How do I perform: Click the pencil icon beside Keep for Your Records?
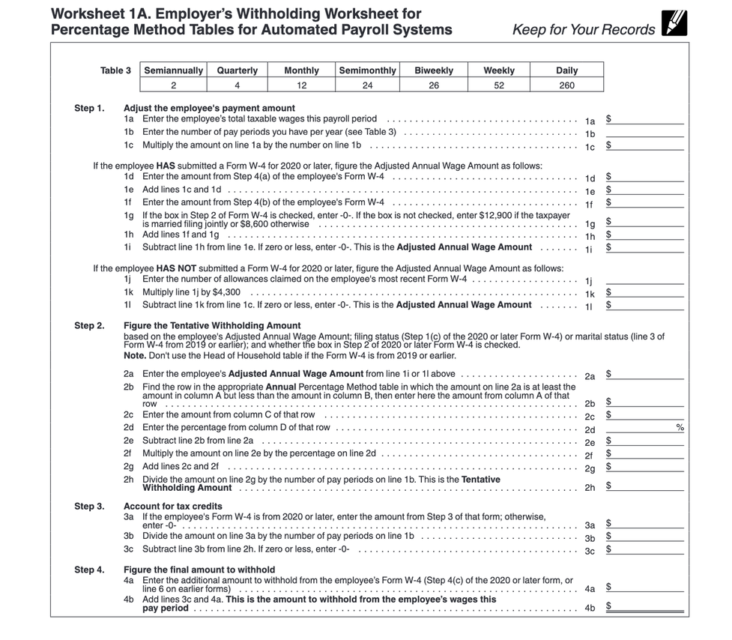[x=674, y=24]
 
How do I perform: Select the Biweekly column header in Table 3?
[x=434, y=70]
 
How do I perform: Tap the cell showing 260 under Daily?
[x=566, y=85]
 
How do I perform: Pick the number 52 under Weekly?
[x=498, y=85]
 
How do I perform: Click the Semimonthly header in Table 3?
[x=367, y=70]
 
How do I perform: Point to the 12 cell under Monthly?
[x=301, y=85]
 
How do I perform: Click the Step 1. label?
[x=89, y=108]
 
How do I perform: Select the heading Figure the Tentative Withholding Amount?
[x=212, y=325]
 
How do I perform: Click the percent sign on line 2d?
[x=680, y=427]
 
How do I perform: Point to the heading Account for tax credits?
[x=173, y=506]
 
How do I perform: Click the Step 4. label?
[x=89, y=570]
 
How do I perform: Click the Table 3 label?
[x=115, y=70]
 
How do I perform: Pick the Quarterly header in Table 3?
[x=237, y=70]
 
